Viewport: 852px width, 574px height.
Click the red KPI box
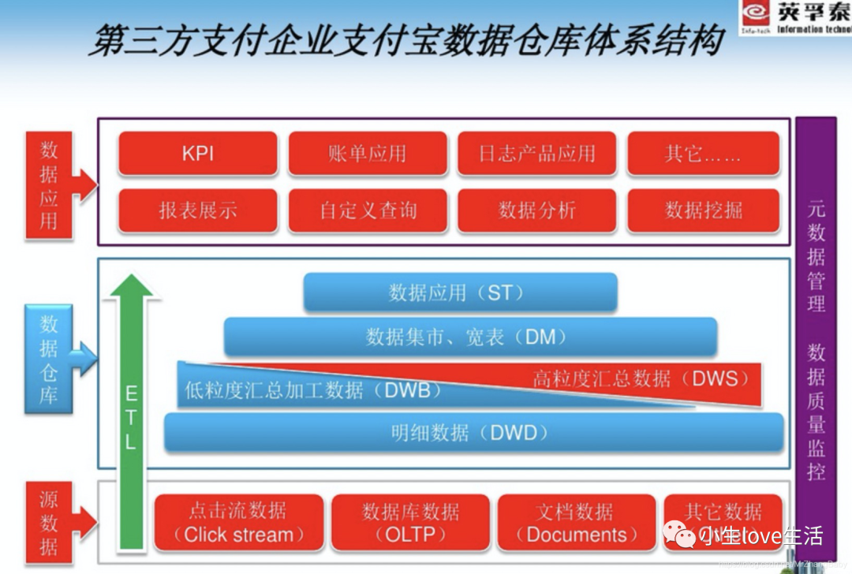[198, 153]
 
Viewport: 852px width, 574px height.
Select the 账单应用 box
[368, 153]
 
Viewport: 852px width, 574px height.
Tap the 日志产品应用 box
[537, 153]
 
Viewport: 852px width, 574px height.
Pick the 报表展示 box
[198, 211]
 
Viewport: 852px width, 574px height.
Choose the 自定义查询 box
[368, 211]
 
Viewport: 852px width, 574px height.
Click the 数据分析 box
[537, 211]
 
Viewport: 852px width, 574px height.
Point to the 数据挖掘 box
[703, 211]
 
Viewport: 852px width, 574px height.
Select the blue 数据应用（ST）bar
[460, 293]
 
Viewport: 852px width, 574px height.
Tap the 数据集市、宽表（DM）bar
[470, 337]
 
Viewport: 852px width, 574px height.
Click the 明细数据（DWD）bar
[473, 432]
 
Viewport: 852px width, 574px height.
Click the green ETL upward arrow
[130, 418]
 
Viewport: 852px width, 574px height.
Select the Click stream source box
[238, 523]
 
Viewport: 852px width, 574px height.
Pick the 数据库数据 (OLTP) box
[410, 523]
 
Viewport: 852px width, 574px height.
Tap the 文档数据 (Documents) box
[576, 523]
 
